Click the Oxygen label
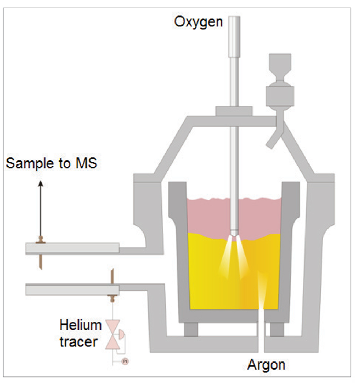[199, 22]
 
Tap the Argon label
[267, 364]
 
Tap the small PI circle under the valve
[125, 361]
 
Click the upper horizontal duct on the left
[71, 249]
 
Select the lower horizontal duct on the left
[71, 289]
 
